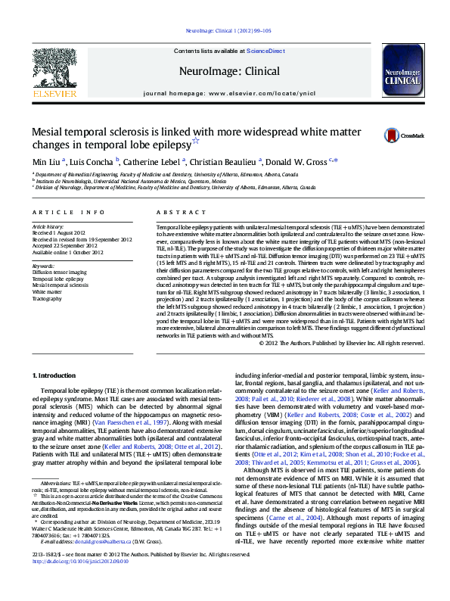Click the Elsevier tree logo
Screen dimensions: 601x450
[54, 70]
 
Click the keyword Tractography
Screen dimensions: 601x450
[47, 299]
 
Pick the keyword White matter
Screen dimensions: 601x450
[47, 292]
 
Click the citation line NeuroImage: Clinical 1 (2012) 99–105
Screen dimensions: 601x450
[225, 32]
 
